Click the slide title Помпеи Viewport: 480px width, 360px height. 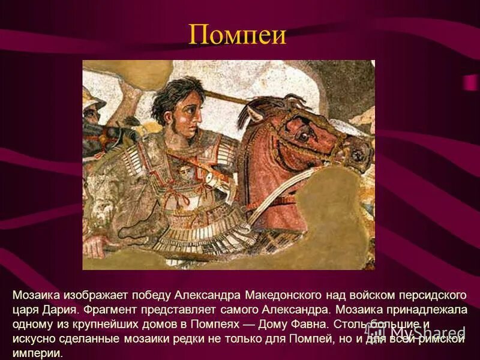pos(238,35)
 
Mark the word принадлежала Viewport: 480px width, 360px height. pos(431,310)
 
